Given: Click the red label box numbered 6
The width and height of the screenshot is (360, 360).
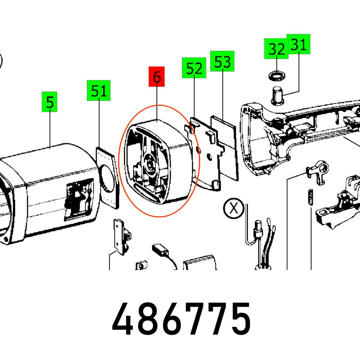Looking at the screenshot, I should (x=157, y=77).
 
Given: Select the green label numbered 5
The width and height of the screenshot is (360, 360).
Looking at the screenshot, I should (x=50, y=102).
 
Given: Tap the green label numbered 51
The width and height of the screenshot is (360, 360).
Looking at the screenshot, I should (x=98, y=90).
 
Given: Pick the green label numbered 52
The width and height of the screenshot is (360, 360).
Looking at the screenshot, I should (x=194, y=68).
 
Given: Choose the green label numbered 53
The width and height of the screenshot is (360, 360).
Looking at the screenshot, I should (x=222, y=61).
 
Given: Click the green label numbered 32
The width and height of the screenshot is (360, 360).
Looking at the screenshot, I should (x=276, y=49).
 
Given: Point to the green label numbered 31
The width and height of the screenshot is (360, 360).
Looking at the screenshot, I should (x=298, y=44).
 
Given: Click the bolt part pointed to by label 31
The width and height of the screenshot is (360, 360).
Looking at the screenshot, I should (x=277, y=95).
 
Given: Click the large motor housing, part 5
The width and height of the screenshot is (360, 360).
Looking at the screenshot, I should (x=47, y=194).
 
